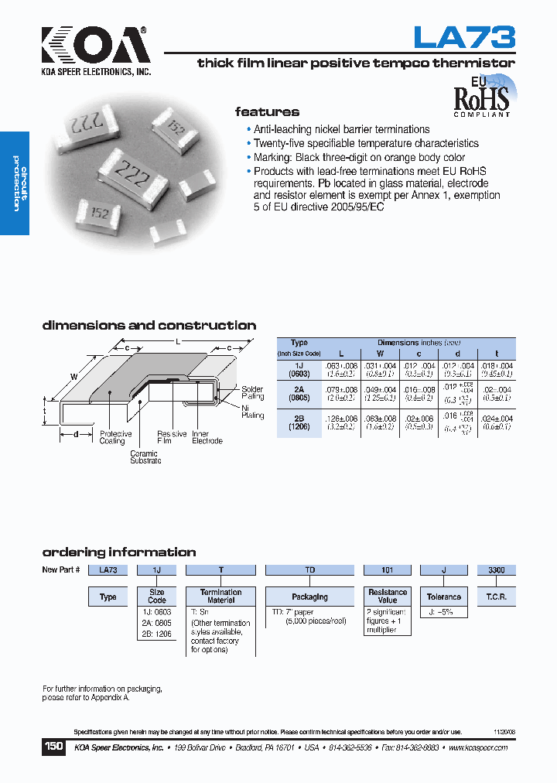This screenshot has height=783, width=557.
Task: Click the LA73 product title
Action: click(464, 37)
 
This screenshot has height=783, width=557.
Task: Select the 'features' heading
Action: click(267, 111)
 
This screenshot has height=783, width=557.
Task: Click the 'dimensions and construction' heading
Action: click(149, 326)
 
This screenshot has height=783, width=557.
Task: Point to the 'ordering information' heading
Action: click(118, 552)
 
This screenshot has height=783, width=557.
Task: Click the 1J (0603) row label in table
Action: click(299, 369)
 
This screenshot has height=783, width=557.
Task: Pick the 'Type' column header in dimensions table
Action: click(299, 343)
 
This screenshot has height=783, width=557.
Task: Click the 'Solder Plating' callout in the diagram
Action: click(252, 392)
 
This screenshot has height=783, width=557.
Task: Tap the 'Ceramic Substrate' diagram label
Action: click(145, 457)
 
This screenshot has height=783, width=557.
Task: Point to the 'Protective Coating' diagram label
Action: click(115, 437)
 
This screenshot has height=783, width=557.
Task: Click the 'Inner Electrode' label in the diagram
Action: click(207, 437)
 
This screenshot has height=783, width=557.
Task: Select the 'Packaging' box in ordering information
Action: click(309, 597)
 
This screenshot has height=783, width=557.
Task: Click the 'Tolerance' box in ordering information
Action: click(444, 597)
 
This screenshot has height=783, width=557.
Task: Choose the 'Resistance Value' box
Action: click(388, 596)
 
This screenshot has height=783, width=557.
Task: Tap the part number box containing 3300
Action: click(496, 570)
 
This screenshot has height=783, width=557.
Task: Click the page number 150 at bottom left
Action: click(53, 747)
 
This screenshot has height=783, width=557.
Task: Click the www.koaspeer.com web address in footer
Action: click(477, 748)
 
